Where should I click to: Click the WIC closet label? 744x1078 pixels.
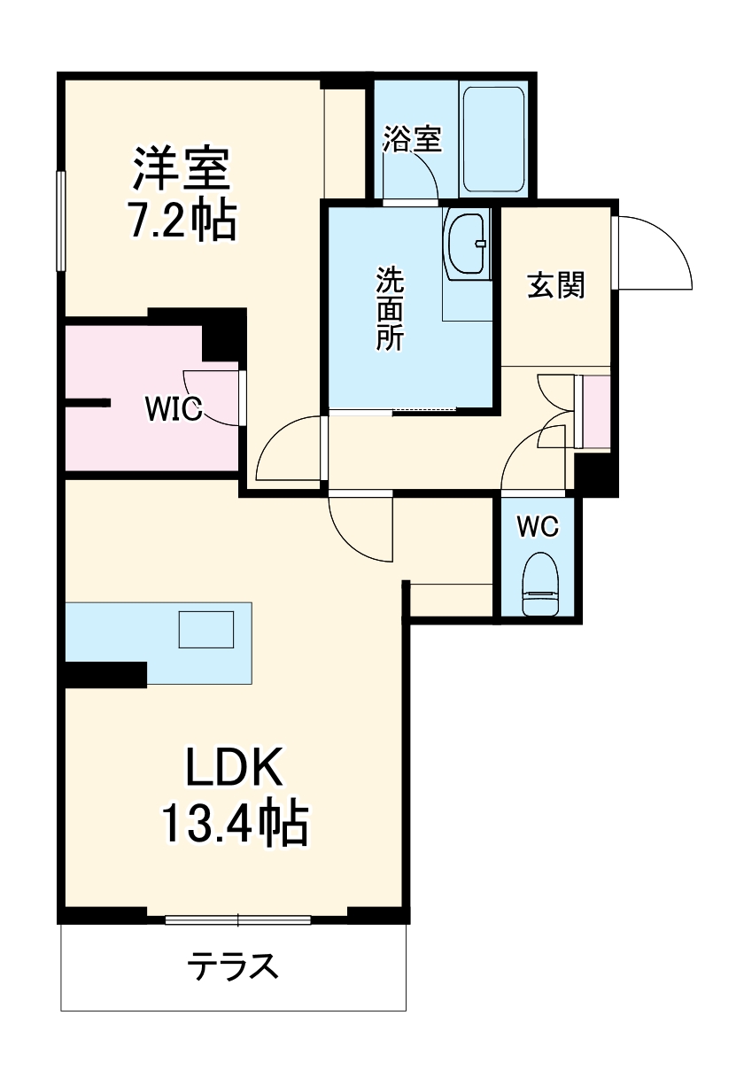click(x=174, y=408)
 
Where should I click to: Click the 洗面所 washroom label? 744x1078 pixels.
click(x=389, y=309)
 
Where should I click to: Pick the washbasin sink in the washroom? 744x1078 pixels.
click(x=467, y=244)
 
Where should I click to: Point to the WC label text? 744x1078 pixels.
click(x=538, y=527)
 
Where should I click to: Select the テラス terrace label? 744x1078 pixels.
click(x=234, y=966)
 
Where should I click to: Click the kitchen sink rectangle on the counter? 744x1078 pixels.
click(x=206, y=630)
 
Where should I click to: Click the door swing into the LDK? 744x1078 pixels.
click(x=359, y=527)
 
